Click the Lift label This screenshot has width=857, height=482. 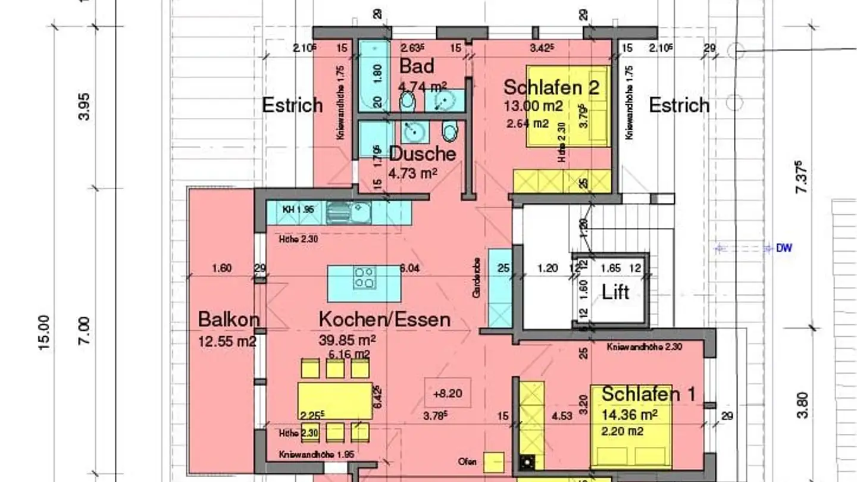[x=615, y=292]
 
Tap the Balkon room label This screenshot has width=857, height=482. [x=229, y=320]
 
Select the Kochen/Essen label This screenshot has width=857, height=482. [x=384, y=320]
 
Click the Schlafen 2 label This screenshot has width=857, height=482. [x=551, y=87]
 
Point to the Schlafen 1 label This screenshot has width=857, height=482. [x=648, y=394]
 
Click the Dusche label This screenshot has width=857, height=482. [x=423, y=154]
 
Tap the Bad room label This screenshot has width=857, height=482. [x=417, y=66]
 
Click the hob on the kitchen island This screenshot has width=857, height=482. [x=364, y=278]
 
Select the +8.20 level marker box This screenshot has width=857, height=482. [x=448, y=393]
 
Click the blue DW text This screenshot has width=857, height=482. [x=784, y=248]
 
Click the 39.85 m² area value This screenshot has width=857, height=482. [x=347, y=340]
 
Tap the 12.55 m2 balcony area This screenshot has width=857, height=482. [x=227, y=341]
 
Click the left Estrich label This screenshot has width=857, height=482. [x=292, y=106]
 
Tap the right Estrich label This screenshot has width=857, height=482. [x=679, y=106]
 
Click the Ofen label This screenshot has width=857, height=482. [x=467, y=461]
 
